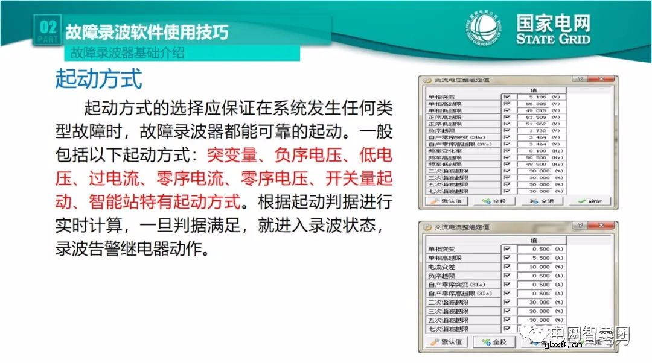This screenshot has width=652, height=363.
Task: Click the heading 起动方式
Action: tap(98, 78)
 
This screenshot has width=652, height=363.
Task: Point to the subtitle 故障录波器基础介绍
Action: tap(127, 53)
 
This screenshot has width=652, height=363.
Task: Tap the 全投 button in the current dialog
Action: tap(494, 342)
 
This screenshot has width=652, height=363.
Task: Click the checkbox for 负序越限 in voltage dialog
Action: tap(507, 130)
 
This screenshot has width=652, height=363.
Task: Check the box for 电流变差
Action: tap(507, 267)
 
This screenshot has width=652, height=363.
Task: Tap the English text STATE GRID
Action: tap(553, 39)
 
